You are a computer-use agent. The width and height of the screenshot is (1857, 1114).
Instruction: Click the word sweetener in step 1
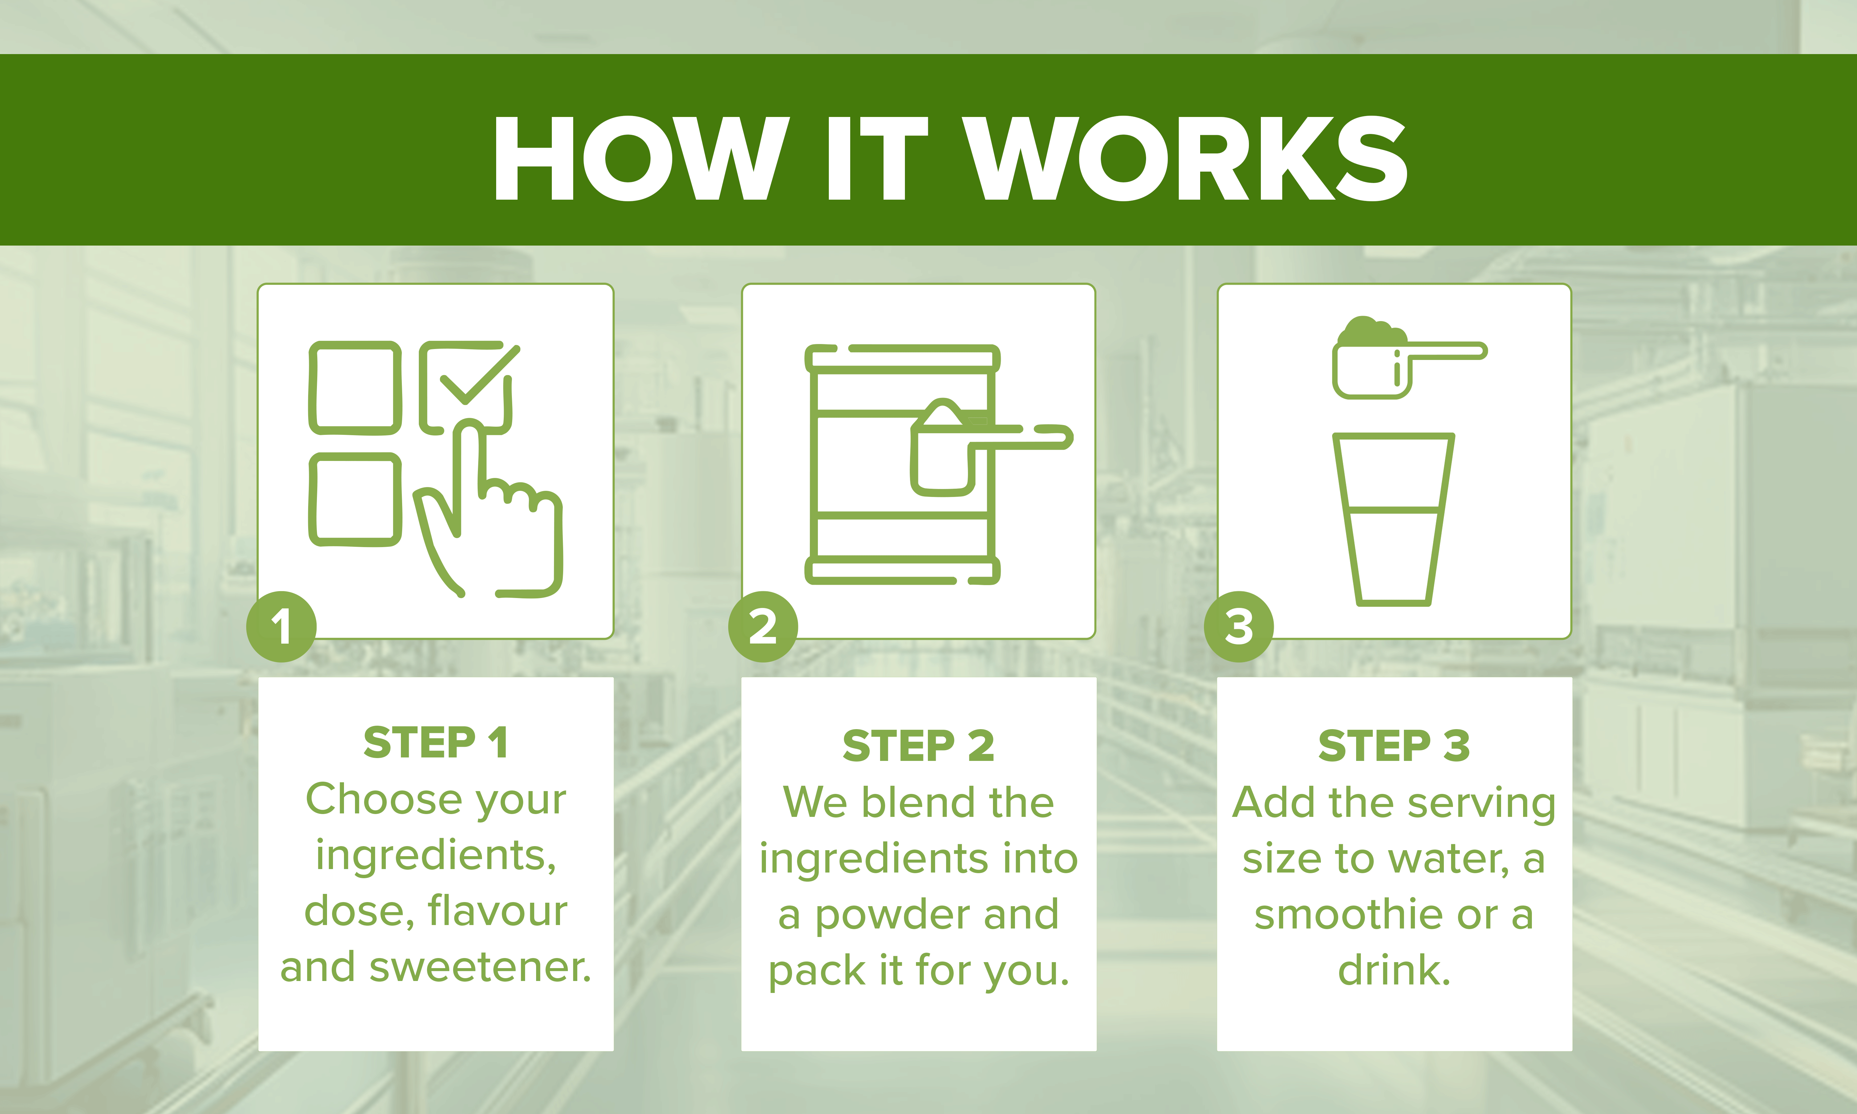point(480,967)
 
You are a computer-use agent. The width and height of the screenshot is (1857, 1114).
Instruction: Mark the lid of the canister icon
point(902,358)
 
